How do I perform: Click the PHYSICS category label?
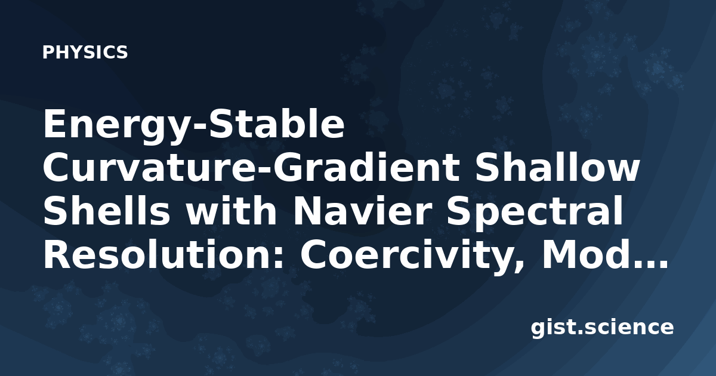click(85, 52)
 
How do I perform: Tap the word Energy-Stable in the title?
click(194, 125)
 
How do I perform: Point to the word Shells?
click(107, 211)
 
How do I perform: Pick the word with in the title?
click(232, 211)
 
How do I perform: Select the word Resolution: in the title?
click(163, 255)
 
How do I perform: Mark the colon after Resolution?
click(279, 258)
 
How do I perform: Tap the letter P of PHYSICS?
click(48, 52)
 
